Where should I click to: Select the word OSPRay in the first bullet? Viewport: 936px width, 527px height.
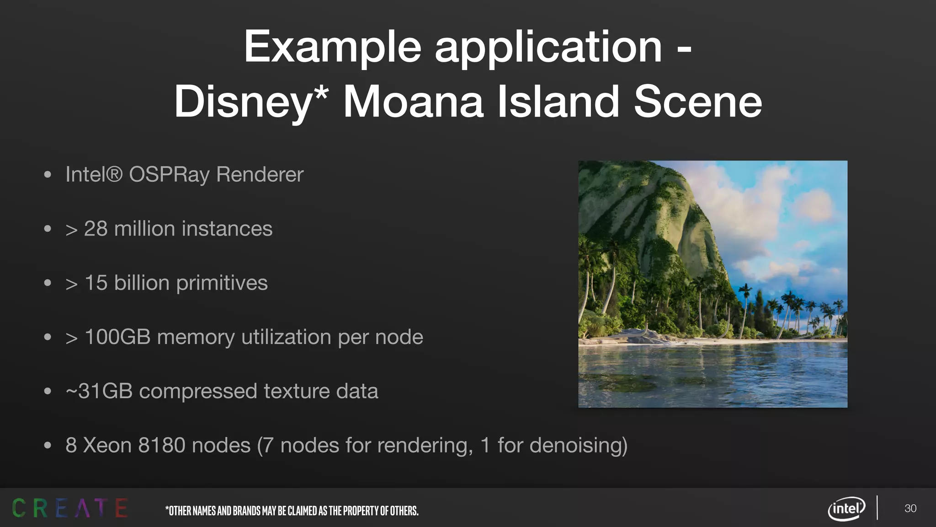click(x=169, y=174)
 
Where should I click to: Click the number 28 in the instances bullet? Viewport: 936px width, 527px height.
click(x=96, y=229)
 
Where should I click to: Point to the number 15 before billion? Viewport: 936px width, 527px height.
click(x=96, y=283)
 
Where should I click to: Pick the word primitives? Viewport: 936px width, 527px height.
click(x=222, y=283)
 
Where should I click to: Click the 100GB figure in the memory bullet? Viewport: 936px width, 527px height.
click(x=117, y=337)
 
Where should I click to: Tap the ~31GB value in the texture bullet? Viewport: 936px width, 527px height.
click(x=99, y=391)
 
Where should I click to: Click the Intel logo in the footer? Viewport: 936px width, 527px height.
click(x=846, y=508)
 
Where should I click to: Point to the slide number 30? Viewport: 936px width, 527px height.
click(x=910, y=508)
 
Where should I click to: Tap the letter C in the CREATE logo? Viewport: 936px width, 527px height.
click(x=19, y=508)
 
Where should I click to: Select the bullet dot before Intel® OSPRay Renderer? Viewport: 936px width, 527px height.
click(x=48, y=175)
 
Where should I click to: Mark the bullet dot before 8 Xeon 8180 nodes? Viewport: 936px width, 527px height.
click(x=48, y=446)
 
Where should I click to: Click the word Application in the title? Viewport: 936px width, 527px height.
click(x=548, y=47)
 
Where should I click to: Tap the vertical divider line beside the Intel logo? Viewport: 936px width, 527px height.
click(x=877, y=508)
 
